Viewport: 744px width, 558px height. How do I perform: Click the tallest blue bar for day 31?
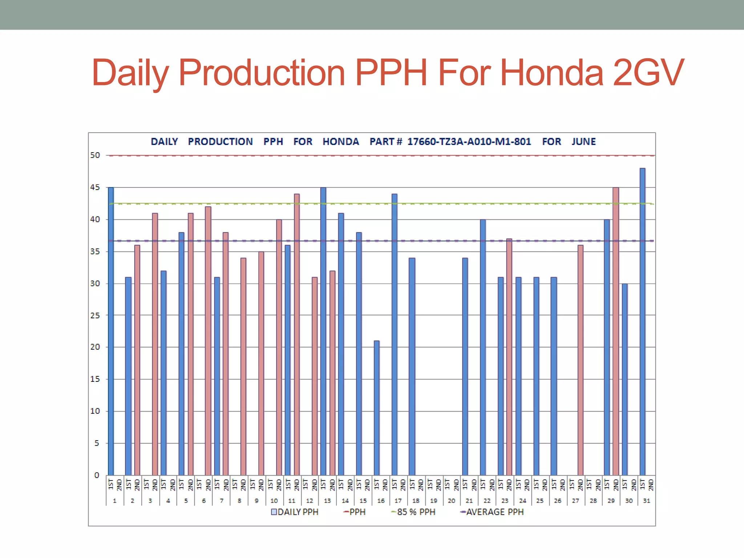pos(642,322)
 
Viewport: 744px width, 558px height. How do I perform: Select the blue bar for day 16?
pos(376,408)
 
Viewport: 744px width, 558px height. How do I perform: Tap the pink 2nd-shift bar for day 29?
pos(616,331)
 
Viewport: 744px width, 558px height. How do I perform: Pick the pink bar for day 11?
pos(297,334)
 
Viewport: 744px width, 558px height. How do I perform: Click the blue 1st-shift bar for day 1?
pos(111,331)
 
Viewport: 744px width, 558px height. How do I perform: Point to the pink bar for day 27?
pos(581,360)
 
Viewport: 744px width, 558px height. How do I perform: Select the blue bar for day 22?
pos(483,347)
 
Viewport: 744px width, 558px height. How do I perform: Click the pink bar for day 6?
pos(208,341)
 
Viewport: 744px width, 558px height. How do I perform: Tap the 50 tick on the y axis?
pos(95,155)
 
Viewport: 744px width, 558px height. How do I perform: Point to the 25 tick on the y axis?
pos(95,315)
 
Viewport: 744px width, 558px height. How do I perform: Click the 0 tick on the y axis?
pos(97,475)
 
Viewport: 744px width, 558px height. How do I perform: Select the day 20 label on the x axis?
pos(451,501)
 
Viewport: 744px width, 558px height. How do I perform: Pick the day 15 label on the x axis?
pos(363,501)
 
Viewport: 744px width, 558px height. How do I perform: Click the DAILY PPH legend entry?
pos(295,512)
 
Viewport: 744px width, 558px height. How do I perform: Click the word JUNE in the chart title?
pos(583,142)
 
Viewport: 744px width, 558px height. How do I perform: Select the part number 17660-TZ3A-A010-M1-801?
pos(469,142)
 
